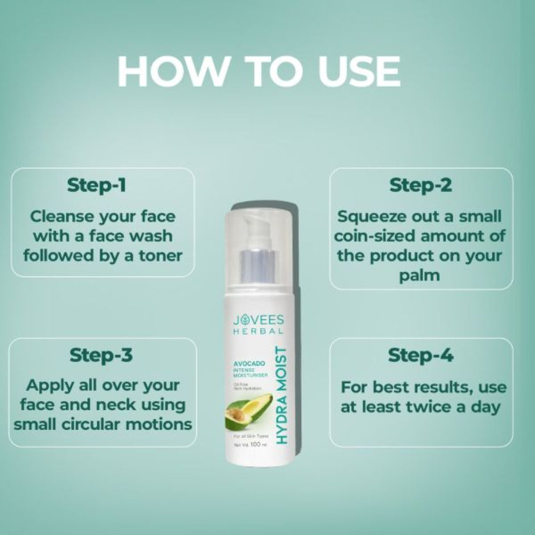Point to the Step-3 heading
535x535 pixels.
(x=101, y=355)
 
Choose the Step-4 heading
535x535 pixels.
(x=421, y=355)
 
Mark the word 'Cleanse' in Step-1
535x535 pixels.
(x=62, y=217)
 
